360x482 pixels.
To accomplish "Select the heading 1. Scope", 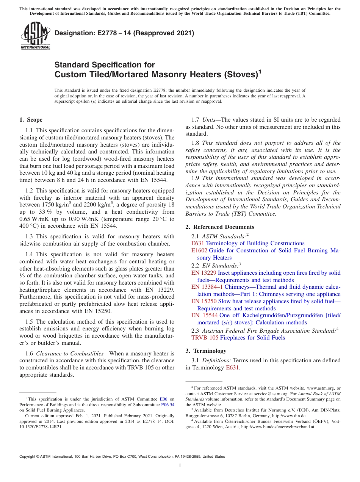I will tap(31, 120).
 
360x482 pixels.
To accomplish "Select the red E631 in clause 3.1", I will tap(232, 368).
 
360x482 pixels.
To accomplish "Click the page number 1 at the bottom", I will tap(180, 466).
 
